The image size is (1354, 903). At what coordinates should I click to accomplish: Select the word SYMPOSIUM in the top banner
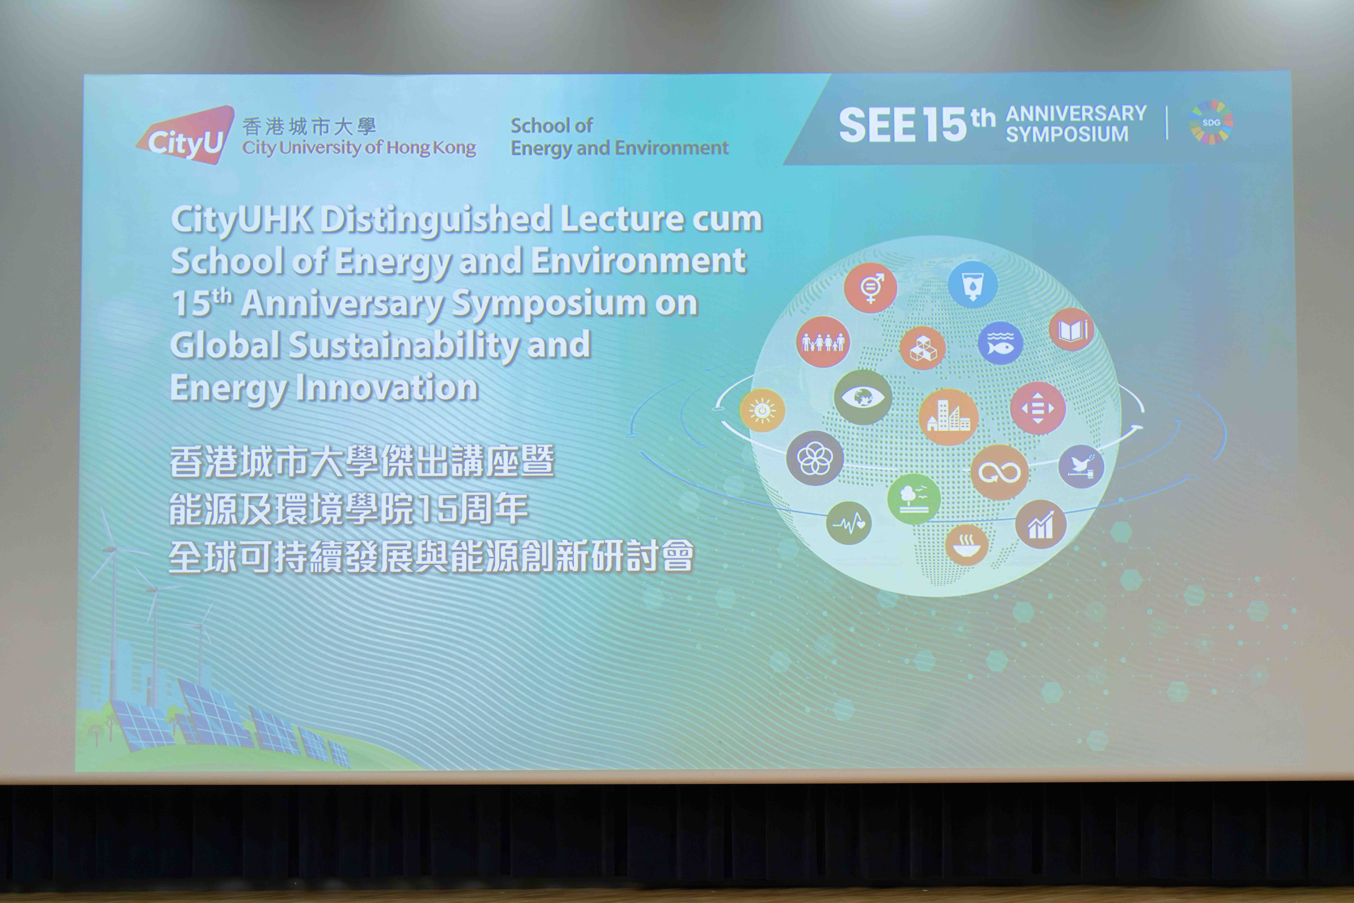click(1067, 134)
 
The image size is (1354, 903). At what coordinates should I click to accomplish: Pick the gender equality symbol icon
click(870, 287)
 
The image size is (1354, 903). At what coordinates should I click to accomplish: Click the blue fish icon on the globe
click(1000, 343)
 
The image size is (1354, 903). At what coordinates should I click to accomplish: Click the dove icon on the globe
click(1081, 466)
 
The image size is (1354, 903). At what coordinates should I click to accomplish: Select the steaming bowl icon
click(967, 545)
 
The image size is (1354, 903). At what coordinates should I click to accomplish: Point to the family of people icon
click(823, 341)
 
